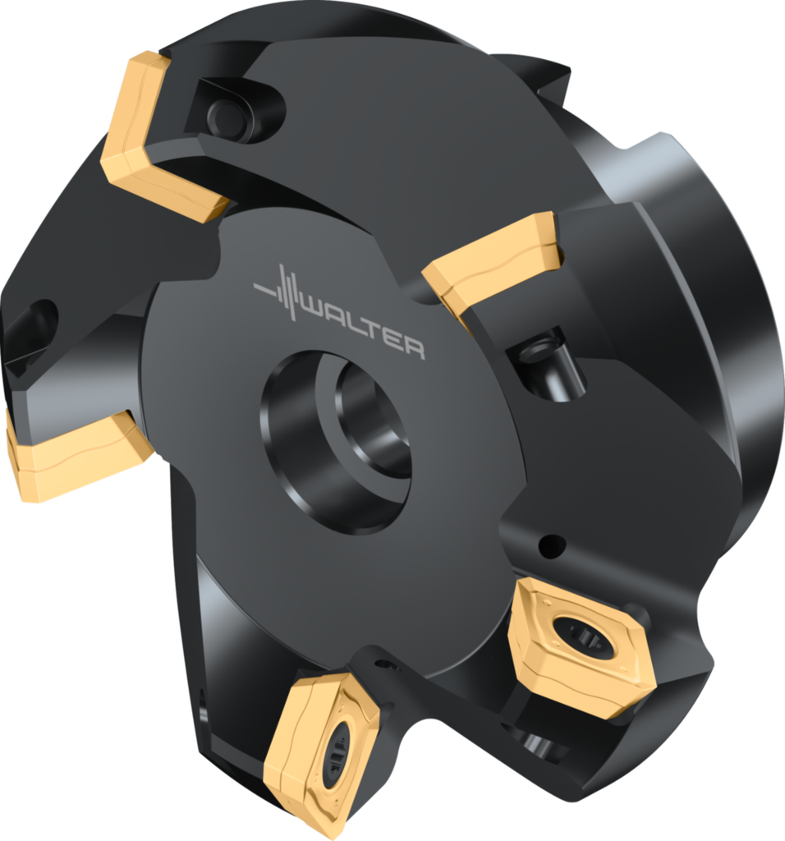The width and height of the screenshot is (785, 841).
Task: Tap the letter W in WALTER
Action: coord(314,310)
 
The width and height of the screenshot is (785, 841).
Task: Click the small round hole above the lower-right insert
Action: coord(552,544)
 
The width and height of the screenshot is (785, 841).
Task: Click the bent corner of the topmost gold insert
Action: coord(115,161)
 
